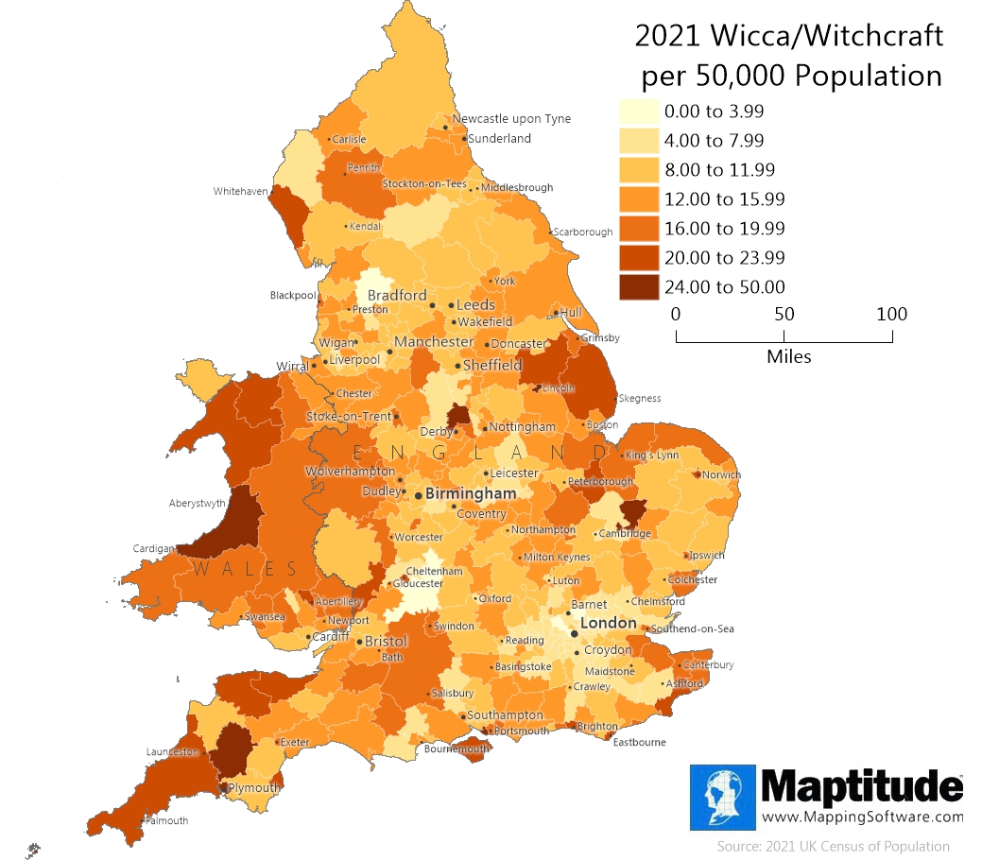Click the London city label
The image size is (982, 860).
click(x=609, y=623)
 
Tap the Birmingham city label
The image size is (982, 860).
click(x=471, y=493)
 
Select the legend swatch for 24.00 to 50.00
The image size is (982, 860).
click(x=639, y=287)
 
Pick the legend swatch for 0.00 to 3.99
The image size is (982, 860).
click(x=639, y=112)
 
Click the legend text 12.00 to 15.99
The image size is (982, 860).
click(x=724, y=199)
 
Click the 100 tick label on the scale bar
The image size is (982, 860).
click(x=891, y=314)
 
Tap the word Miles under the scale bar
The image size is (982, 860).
click(x=788, y=356)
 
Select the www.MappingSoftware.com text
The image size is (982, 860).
click(x=862, y=817)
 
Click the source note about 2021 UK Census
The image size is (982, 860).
click(x=833, y=846)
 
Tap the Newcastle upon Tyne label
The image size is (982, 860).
click(x=511, y=119)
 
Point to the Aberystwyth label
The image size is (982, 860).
click(x=198, y=504)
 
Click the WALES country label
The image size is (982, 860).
click(x=246, y=569)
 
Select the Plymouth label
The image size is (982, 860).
click(x=254, y=788)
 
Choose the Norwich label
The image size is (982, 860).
click(x=721, y=475)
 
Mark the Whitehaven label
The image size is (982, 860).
click(x=240, y=191)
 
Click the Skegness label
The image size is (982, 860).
click(x=639, y=399)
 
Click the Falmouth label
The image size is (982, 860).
click(x=167, y=820)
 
